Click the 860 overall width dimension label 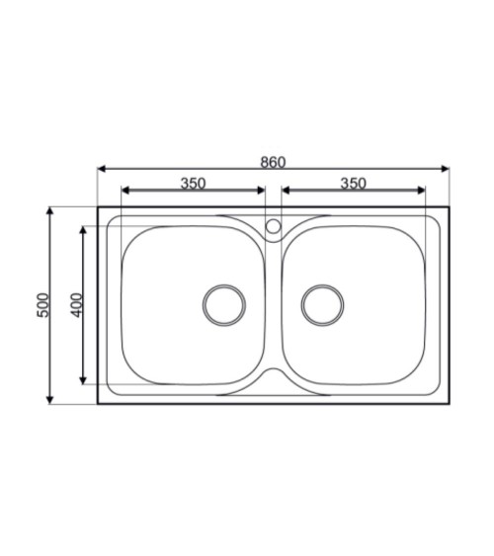273,162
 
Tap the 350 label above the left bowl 193,184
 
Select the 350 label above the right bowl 354,184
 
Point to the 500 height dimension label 42,305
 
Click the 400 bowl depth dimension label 76,305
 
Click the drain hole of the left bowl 224,305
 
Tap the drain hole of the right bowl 322,305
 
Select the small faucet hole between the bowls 274,226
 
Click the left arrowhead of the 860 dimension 102,169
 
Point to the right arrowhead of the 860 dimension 445,169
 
